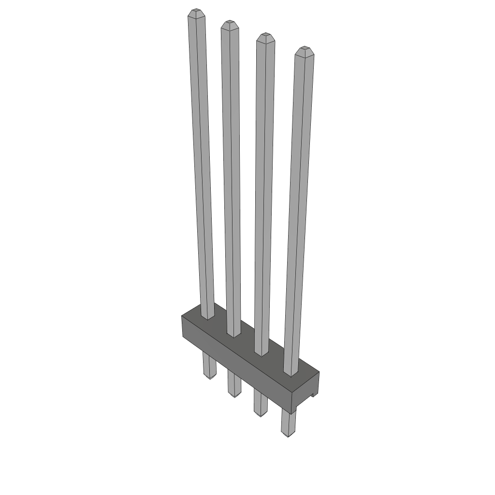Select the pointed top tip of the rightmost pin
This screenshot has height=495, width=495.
(x=304, y=51)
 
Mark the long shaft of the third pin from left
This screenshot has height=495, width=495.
(x=263, y=193)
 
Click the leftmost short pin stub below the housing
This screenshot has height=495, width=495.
(x=209, y=364)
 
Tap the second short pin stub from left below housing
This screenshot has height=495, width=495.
(x=234, y=384)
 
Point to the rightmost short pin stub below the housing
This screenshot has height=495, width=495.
(x=289, y=423)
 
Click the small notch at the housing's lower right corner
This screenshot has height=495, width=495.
(x=313, y=396)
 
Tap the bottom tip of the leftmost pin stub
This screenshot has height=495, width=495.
(x=209, y=378)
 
